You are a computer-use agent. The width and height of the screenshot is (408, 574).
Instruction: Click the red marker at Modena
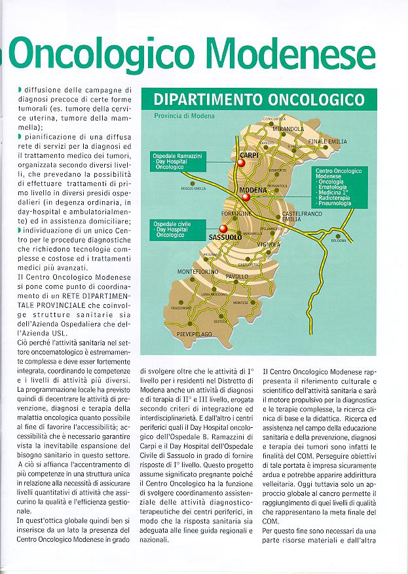tap(246, 196)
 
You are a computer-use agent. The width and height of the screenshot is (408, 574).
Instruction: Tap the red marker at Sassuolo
tap(223, 229)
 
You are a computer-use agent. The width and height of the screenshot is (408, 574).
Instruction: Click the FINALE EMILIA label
tap(327, 142)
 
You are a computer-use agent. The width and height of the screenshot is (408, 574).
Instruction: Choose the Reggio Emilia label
tap(194, 188)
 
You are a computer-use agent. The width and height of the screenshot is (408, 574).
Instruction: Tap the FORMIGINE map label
tap(238, 214)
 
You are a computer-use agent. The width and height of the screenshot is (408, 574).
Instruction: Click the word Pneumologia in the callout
tap(335, 204)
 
